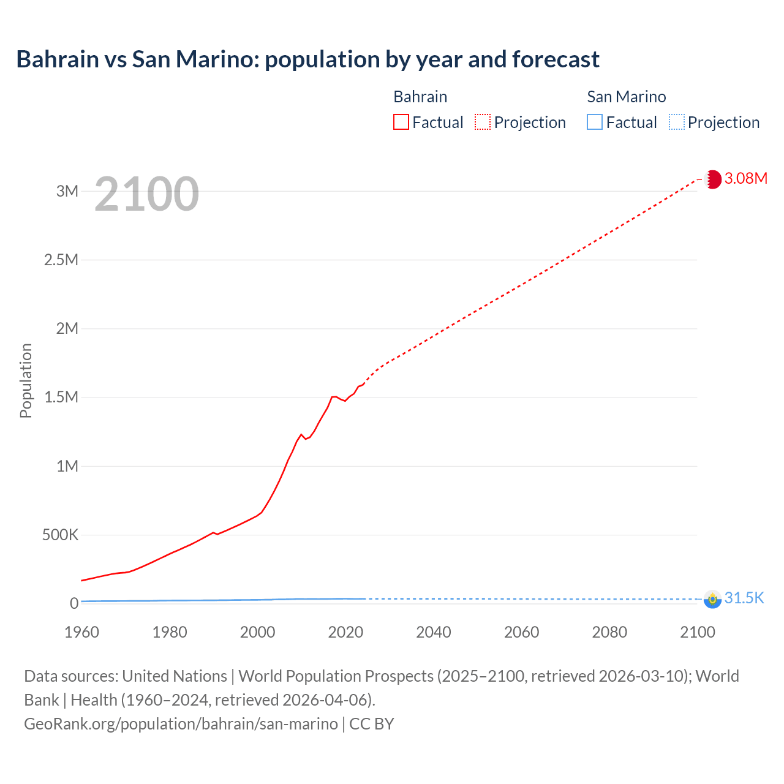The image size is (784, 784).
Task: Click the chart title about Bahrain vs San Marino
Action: pos(307,59)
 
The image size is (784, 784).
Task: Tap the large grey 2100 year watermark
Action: pos(146,194)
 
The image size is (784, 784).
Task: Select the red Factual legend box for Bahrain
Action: pos(401,123)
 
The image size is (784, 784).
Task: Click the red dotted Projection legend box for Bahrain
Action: pos(483,123)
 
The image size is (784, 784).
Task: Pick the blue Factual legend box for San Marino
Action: pos(595,123)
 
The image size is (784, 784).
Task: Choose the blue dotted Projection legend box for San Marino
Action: pos(676,123)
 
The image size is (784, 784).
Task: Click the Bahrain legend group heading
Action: pos(420,97)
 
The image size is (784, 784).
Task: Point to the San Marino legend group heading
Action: pos(626,97)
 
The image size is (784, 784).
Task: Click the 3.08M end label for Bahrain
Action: pos(745,178)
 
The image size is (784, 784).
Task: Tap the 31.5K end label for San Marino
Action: pos(744,598)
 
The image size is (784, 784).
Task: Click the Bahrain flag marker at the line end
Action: pos(712,179)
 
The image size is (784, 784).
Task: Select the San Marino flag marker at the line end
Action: pos(712,599)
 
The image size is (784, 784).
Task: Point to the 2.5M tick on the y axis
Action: pos(61,260)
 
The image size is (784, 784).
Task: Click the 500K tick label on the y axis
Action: pos(61,535)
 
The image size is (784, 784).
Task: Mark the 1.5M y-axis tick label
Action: pos(61,397)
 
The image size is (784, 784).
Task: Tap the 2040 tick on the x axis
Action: pos(434,632)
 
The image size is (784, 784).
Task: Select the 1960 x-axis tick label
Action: pos(81,632)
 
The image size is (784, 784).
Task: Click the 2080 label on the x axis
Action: pos(609,632)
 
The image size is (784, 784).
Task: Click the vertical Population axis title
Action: pos(26,380)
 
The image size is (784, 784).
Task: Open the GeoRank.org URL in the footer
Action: pos(181,724)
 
